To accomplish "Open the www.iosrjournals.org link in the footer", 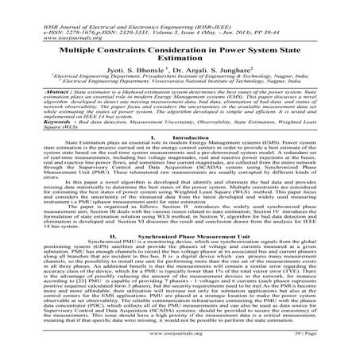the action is click(180, 346).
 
